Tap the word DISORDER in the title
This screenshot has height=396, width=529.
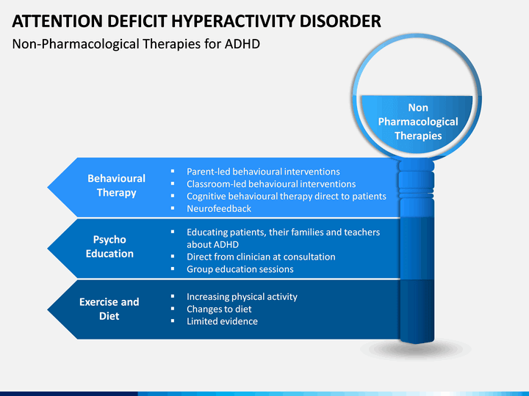(x=340, y=21)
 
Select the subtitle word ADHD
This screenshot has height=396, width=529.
(x=242, y=44)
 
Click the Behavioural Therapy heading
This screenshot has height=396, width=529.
(x=116, y=186)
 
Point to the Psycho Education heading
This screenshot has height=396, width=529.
(x=109, y=246)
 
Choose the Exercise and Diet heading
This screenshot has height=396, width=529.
(x=109, y=309)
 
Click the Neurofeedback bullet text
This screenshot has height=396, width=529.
(x=219, y=209)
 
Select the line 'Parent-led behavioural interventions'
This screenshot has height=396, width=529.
(x=263, y=172)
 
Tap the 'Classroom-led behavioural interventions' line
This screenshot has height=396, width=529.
(x=271, y=184)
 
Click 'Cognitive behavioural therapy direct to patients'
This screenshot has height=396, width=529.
(x=287, y=197)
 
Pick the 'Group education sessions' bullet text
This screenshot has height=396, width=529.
(x=240, y=269)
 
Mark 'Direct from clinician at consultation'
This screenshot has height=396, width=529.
(x=261, y=257)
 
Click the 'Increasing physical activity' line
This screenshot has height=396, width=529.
(x=242, y=297)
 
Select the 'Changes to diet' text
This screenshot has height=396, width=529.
(x=219, y=309)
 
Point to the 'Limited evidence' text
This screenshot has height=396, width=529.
(x=222, y=321)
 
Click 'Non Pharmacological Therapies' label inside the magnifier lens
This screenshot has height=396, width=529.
(x=418, y=122)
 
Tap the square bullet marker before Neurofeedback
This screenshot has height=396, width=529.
(x=173, y=208)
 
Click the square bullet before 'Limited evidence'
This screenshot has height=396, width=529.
(x=173, y=320)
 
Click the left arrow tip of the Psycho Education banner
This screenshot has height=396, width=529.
(x=48, y=249)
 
